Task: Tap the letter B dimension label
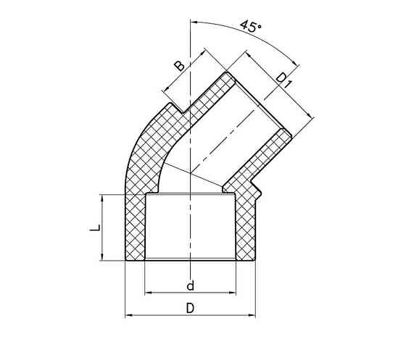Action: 179,67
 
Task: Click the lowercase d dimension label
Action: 189,284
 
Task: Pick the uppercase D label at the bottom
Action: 190,307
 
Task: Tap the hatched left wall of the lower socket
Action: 136,228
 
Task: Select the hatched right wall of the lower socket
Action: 246,228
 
